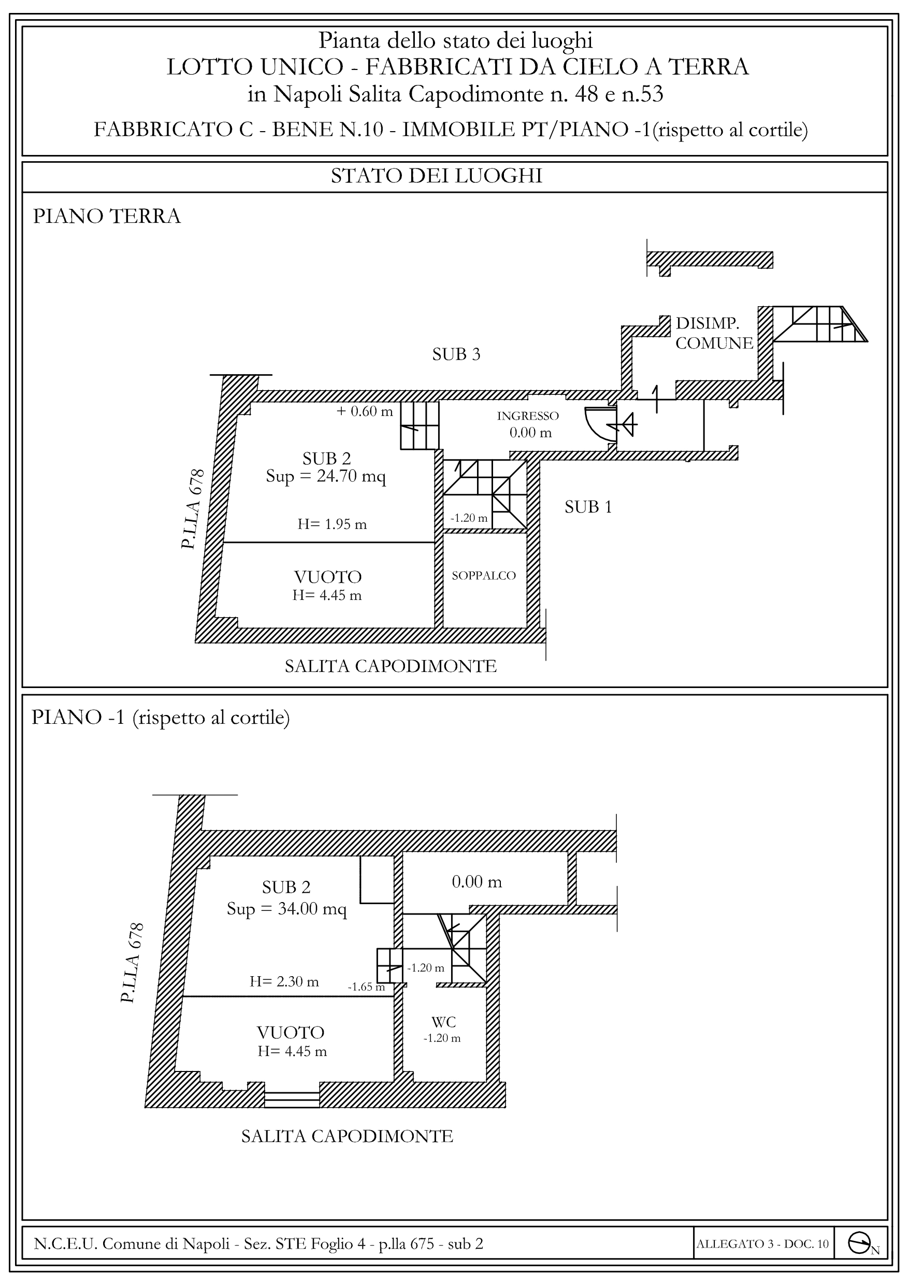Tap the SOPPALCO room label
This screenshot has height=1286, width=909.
coord(483,575)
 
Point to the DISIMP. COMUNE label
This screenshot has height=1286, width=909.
coord(714,333)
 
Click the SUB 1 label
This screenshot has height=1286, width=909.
coord(588,507)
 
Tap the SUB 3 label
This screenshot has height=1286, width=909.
coord(456,354)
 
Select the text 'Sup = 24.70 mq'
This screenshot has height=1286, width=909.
coord(326,477)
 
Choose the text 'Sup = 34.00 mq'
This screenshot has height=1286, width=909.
coord(287,908)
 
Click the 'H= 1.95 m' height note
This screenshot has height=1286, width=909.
coord(332,524)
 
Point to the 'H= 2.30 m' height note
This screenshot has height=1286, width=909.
coord(284,981)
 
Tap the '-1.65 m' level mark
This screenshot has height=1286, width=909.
coord(366,987)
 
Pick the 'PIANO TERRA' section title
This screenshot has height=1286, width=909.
coord(107,216)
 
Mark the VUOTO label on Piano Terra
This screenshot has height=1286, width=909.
coord(328,576)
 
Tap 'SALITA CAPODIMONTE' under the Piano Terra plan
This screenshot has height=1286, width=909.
coord(391,666)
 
